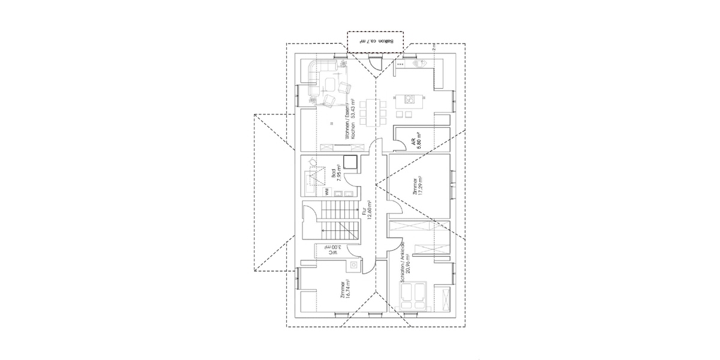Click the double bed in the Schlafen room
point(413,296)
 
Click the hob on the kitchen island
point(410,99)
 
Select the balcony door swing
point(373,65)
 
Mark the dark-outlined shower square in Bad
point(349,162)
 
